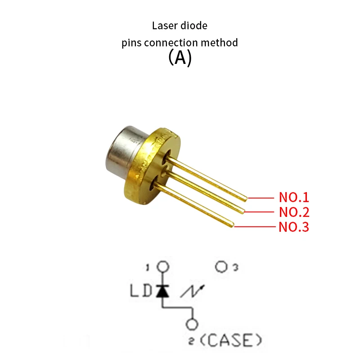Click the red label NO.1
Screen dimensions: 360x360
coord(294,197)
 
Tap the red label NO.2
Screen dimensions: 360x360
coord(294,212)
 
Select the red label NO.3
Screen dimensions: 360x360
coord(294,227)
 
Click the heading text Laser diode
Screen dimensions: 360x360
coord(180,26)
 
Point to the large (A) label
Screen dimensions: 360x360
coord(180,58)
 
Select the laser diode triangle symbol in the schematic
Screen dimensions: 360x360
coord(162,291)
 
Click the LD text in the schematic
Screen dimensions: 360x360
coord(141,291)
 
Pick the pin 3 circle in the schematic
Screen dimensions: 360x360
coord(221,267)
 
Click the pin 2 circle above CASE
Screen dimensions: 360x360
coord(193,324)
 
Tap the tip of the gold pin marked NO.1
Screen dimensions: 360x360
coord(245,198)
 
